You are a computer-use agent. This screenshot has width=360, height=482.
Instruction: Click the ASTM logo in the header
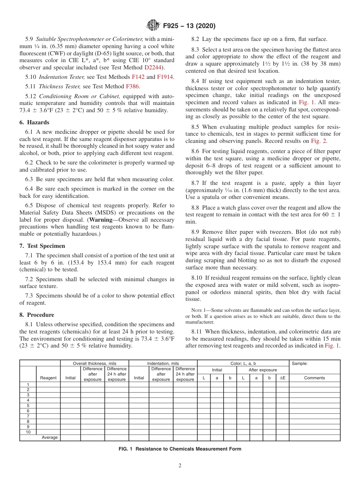[x=153, y=26]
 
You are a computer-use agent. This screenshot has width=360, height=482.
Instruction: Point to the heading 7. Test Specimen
[x=42, y=246]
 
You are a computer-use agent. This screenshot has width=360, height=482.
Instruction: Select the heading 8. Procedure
[x=37, y=315]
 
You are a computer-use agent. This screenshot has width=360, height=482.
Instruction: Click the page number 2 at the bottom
[x=180, y=466]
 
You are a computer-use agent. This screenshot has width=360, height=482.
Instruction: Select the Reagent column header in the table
[x=48, y=378]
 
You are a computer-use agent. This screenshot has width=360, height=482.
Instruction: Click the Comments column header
[x=314, y=378]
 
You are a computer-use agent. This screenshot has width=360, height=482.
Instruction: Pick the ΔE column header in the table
[x=282, y=378]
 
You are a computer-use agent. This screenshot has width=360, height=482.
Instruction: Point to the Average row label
[x=50, y=437]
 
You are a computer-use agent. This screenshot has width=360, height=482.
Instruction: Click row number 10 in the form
[x=28, y=432]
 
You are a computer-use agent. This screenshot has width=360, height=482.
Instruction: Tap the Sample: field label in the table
[x=299, y=363]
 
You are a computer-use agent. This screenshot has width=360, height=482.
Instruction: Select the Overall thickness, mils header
[x=94, y=363]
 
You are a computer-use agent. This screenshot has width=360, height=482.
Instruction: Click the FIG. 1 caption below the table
[x=180, y=449]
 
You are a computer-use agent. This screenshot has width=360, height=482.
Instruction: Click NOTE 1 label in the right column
[x=200, y=310]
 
